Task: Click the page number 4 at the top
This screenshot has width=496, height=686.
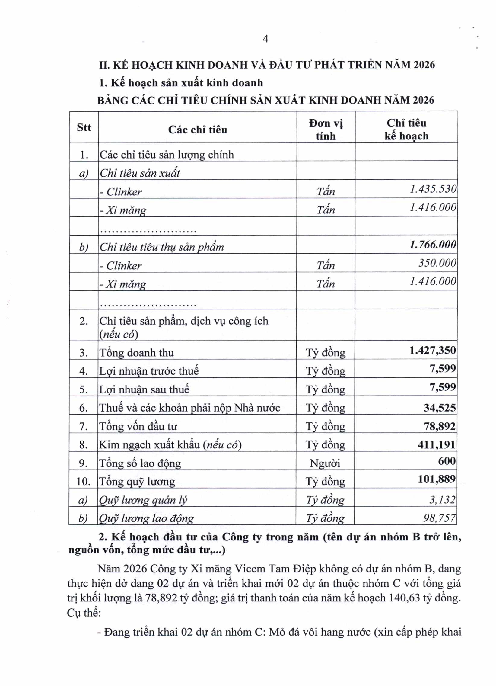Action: pos(265,39)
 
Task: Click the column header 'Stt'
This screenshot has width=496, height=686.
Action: pos(84,127)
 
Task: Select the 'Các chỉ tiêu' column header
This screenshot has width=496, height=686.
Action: pos(197,130)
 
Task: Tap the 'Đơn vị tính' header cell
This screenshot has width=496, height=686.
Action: pos(326,130)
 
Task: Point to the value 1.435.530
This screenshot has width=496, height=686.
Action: pos(433,189)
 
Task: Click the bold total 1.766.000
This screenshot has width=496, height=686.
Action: pos(433,244)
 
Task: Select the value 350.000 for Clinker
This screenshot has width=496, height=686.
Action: pos(437,263)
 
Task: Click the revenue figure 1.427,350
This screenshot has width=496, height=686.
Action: pos(432,350)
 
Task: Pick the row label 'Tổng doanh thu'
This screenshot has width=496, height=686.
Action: pos(137,353)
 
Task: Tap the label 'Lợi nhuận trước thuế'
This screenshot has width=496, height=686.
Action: pos(149,371)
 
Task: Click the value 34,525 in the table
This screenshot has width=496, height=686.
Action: pos(439,408)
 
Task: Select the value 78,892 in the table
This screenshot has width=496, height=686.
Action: pos(439,426)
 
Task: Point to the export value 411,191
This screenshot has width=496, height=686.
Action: pos(437,445)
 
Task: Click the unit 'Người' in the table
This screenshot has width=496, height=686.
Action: pos(325,463)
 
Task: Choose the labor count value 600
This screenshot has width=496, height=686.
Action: pos(447,461)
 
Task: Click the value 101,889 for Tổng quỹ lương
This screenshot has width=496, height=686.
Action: pos(437,479)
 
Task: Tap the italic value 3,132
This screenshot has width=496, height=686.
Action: pos(442,500)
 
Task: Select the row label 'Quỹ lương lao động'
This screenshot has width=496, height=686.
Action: pos(146,518)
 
